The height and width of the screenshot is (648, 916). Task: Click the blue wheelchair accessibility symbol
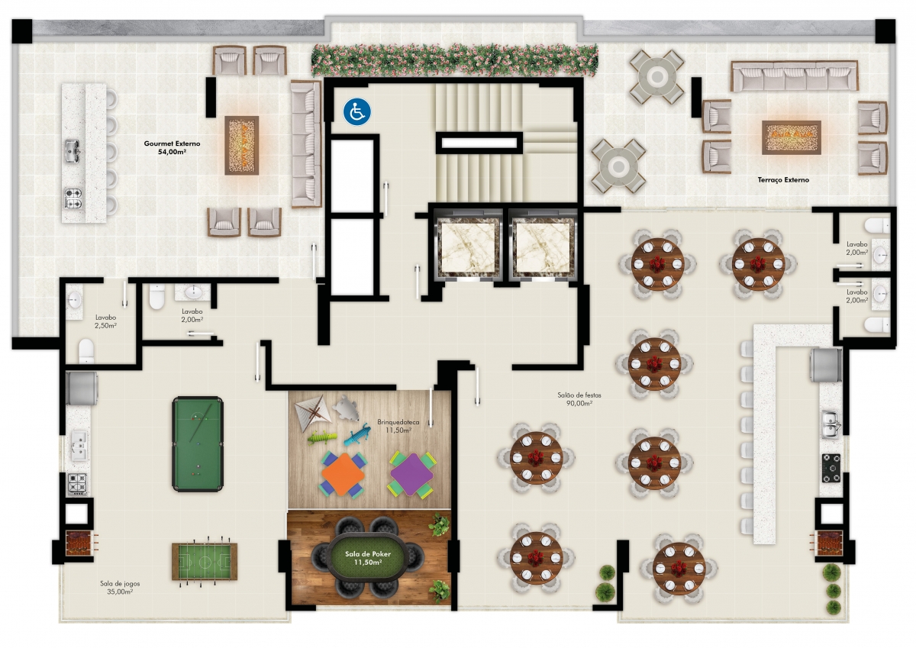click(x=356, y=111)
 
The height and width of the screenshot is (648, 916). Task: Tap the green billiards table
click(x=198, y=443)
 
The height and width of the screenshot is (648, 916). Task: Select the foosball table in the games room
click(x=204, y=561)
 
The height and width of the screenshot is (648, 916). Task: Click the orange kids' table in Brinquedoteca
click(x=343, y=474)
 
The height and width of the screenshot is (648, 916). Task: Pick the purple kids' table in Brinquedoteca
click(x=411, y=474)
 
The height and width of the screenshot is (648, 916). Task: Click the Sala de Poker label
click(x=368, y=558)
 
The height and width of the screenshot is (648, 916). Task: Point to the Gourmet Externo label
click(x=172, y=147)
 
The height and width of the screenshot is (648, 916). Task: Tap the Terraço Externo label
click(x=783, y=179)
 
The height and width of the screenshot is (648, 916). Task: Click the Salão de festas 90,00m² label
click(x=579, y=399)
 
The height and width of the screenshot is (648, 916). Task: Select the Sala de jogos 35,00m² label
click(x=120, y=588)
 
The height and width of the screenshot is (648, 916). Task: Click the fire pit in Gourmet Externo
click(x=241, y=145)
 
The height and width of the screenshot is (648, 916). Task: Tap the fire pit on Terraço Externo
click(x=792, y=137)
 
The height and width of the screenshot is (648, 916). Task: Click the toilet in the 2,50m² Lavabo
click(x=86, y=351)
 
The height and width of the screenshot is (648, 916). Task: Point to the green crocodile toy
click(x=322, y=437)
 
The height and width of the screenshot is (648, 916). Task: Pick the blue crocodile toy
click(x=357, y=434)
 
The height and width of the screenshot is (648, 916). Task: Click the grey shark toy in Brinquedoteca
click(x=346, y=408)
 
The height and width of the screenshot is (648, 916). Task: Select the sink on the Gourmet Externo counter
click(x=72, y=150)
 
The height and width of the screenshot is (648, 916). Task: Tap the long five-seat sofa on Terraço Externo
click(x=794, y=76)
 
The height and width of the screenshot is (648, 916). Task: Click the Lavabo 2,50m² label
click(x=105, y=321)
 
